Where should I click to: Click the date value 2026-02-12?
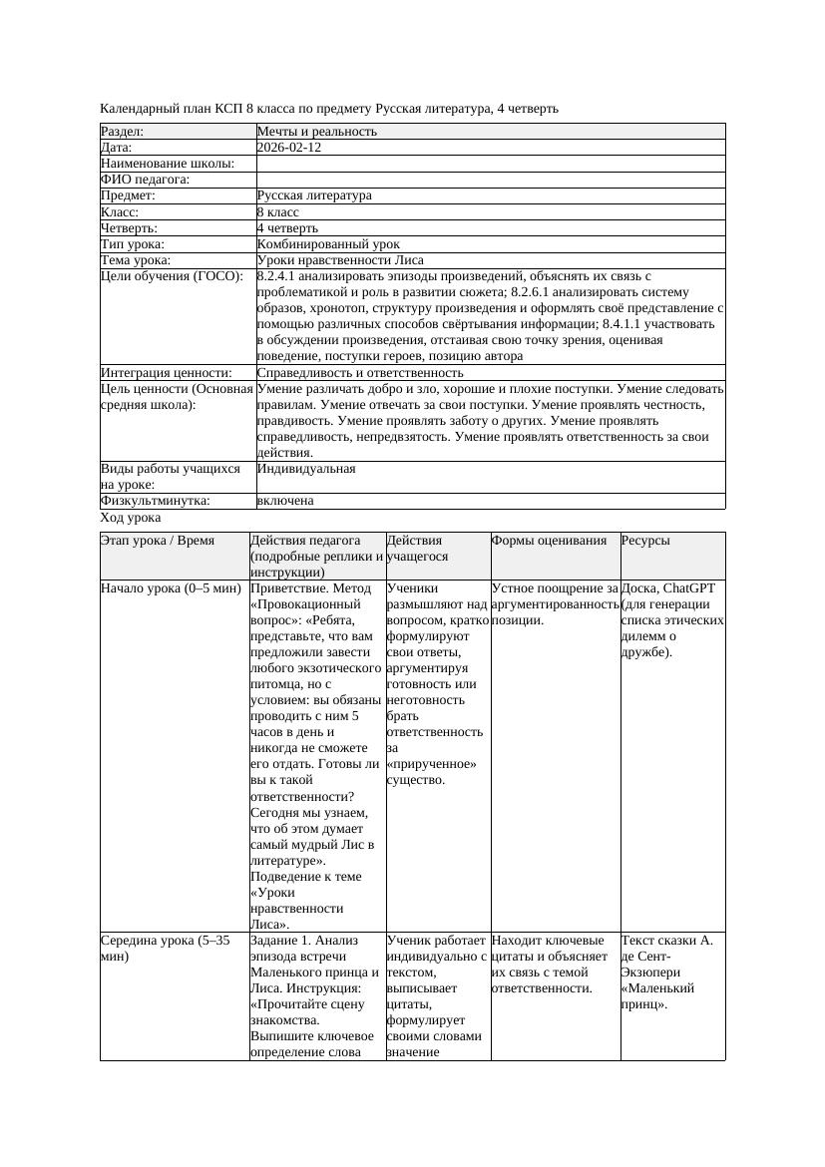coord(288,148)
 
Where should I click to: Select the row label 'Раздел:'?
coord(123,132)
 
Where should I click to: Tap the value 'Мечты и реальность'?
coord(316,132)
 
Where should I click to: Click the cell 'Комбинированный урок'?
coord(328,244)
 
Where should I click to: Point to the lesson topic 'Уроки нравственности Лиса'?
coord(340,260)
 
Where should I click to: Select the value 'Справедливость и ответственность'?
coord(360,373)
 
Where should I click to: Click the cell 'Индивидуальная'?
coord(306,469)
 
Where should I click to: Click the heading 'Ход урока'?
coord(131,519)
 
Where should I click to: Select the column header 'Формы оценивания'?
coord(549,541)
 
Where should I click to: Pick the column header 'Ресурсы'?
coord(645,541)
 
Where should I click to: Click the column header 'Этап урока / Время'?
coord(158,541)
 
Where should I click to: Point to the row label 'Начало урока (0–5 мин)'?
coord(171,588)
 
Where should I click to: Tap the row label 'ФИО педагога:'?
coord(146,180)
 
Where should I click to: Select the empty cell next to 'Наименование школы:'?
coord(489,164)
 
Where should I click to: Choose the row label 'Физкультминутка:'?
coord(156,502)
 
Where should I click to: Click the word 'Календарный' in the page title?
coord(140,108)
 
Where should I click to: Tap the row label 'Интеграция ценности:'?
coord(167,373)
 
